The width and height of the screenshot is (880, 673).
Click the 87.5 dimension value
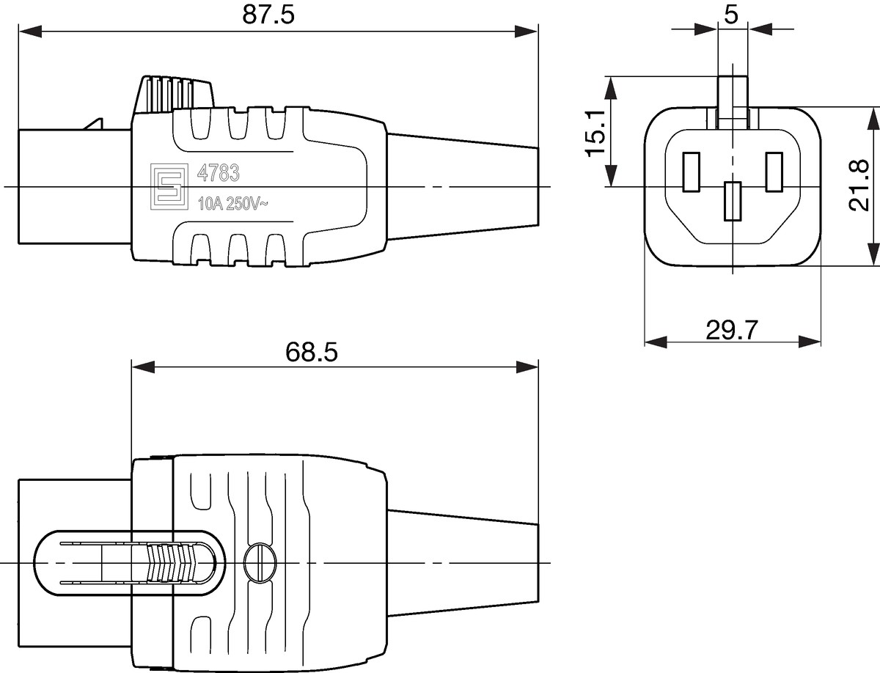tap(268, 15)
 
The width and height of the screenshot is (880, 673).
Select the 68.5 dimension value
tap(312, 352)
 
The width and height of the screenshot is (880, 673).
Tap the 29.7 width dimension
tap(732, 330)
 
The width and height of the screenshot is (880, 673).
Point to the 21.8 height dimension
tap(859, 185)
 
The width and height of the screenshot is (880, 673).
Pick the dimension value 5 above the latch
tap(731, 15)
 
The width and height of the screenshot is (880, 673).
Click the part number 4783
tap(218, 173)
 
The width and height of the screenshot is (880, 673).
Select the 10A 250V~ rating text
tap(233, 204)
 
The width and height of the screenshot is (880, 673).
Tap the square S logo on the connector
tap(169, 186)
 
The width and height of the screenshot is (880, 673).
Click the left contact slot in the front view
tap(692, 172)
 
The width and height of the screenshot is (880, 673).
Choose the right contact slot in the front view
tap(774, 172)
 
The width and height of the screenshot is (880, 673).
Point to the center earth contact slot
tap(733, 201)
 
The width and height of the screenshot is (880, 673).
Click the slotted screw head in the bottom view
tap(260, 563)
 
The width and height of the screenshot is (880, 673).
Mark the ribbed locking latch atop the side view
tap(174, 94)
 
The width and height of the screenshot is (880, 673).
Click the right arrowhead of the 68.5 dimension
tap(527, 367)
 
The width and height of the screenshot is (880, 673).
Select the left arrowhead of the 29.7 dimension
tap(656, 342)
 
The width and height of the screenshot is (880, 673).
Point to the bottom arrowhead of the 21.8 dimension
tap(874, 254)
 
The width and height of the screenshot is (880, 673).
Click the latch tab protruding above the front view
tap(733, 102)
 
